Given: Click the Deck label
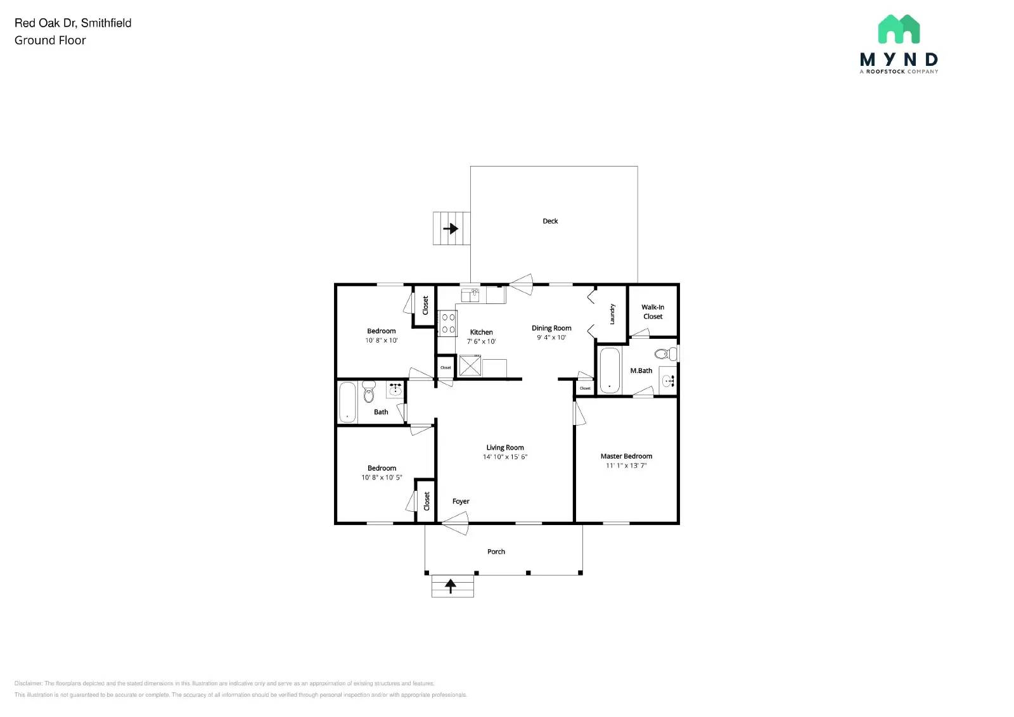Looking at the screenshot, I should click(x=550, y=221).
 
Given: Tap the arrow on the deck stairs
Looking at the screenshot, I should click(x=451, y=228).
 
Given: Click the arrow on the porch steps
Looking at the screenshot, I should click(x=451, y=586).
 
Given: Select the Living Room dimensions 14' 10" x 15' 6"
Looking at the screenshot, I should click(x=505, y=457).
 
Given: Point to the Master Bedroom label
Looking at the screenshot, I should click(x=626, y=456).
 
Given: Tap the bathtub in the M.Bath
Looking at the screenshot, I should click(x=609, y=370).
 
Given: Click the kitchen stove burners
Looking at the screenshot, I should click(x=448, y=323).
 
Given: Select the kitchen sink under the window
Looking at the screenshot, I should click(x=470, y=295).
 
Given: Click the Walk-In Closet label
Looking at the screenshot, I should click(x=653, y=312).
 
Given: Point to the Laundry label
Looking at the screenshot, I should click(x=612, y=314).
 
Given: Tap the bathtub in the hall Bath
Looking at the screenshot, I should click(x=347, y=402).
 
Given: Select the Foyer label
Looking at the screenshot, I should click(x=461, y=501).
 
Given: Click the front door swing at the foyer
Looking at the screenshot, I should click(x=456, y=524).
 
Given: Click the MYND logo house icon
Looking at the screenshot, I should click(x=899, y=29).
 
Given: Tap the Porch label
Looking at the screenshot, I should click(x=496, y=552).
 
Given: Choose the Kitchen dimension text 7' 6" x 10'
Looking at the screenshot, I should click(x=481, y=341).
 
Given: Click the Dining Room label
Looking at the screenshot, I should click(x=551, y=328).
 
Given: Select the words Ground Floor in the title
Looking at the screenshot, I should click(x=50, y=41).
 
